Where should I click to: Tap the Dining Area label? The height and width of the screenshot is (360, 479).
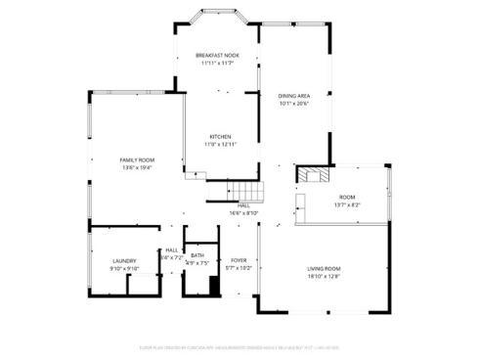point(293,95)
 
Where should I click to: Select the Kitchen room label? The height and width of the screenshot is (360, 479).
point(220,137)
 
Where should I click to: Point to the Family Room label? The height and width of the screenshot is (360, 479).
point(136,159)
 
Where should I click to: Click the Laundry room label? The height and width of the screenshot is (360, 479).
point(124,260)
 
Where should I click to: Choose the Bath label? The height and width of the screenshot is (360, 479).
point(197,255)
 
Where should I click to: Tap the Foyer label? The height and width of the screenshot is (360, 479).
point(239,260)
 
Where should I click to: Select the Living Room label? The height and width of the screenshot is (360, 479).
point(324,269)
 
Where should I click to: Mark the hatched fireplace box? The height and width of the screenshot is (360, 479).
point(314,177)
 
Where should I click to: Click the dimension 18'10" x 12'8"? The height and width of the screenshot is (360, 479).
point(324,277)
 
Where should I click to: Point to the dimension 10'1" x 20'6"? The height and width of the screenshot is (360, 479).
point(293,103)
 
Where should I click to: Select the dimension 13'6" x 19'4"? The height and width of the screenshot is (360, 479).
point(136,167)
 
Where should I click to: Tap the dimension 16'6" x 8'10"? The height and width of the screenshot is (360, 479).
point(243,212)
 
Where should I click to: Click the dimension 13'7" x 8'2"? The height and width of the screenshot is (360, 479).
point(347,204)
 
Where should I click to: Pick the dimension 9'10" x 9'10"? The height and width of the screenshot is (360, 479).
point(124,268)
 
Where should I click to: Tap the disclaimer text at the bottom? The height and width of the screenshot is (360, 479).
point(239,345)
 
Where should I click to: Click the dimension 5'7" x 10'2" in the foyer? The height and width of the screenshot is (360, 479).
point(239,268)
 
